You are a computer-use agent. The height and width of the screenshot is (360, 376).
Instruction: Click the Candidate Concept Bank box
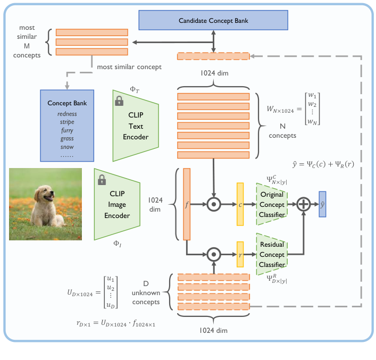click(213, 21)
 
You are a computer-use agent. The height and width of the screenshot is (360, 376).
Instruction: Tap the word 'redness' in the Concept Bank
click(67, 114)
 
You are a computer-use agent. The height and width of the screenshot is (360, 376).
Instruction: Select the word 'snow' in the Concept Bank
click(67, 147)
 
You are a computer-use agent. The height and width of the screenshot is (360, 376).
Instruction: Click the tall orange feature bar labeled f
click(187, 204)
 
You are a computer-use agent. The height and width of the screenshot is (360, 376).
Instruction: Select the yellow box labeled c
click(240, 204)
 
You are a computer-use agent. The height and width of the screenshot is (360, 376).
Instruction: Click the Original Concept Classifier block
click(272, 204)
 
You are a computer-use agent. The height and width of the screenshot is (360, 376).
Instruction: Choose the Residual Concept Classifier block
click(272, 254)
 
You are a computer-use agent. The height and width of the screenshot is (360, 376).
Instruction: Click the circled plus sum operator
click(304, 204)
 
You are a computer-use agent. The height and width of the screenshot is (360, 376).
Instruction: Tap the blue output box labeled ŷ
click(322, 204)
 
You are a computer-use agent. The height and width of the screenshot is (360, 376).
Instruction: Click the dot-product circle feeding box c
click(213, 204)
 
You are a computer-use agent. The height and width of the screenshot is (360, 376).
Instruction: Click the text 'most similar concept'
click(129, 68)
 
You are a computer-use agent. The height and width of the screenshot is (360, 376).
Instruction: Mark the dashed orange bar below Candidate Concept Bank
click(213, 56)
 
